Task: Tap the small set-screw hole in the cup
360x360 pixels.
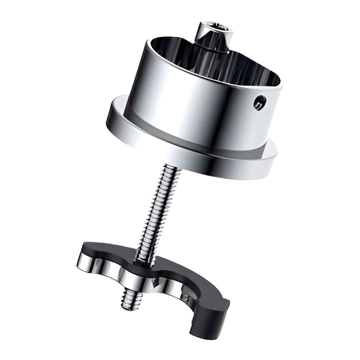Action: point(259,103)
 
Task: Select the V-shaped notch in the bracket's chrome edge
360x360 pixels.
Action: point(155,284)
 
